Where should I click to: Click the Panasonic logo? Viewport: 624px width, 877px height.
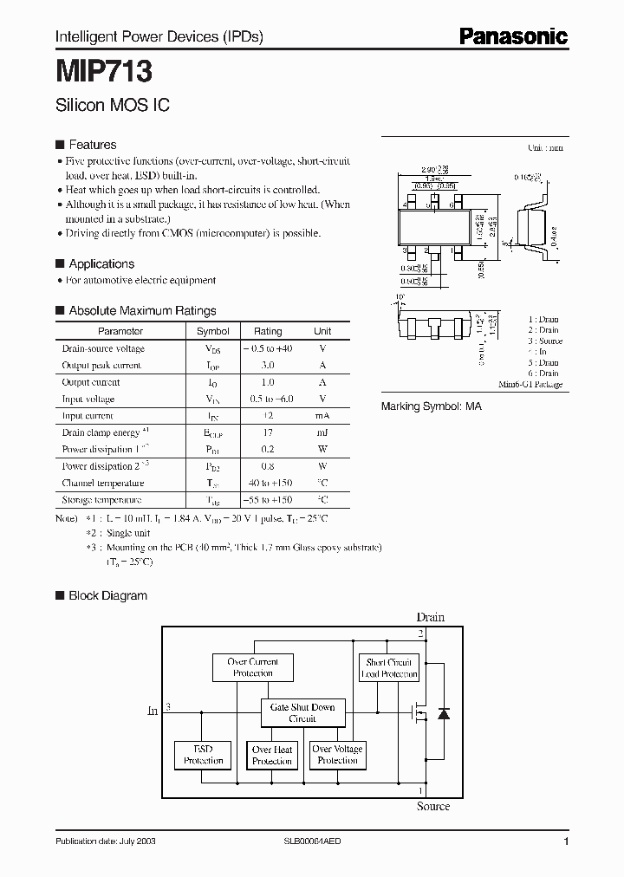[512, 36]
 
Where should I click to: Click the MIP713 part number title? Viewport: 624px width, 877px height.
[104, 69]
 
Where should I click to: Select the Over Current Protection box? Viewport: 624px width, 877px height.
[252, 667]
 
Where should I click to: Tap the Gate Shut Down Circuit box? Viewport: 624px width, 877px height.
[302, 712]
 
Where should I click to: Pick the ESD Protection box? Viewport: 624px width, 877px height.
[203, 755]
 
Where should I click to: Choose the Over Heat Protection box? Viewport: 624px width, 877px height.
[272, 755]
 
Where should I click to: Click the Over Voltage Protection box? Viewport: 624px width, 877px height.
[337, 754]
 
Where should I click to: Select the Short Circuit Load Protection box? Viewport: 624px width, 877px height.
[389, 667]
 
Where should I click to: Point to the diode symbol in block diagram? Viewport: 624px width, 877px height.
[444, 714]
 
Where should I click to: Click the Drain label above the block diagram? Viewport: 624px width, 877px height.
[430, 617]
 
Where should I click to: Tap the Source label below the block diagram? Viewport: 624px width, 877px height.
[432, 806]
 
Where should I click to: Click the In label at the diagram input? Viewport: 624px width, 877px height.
[153, 711]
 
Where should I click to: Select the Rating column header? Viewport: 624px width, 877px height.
[268, 331]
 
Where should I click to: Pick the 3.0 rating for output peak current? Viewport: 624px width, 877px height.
[268, 365]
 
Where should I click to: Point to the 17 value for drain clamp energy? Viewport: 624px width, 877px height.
[268, 432]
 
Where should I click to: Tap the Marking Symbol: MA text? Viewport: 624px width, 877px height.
[432, 406]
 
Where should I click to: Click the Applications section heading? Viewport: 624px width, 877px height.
[101, 263]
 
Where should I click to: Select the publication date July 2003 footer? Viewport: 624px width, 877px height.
[106, 841]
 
